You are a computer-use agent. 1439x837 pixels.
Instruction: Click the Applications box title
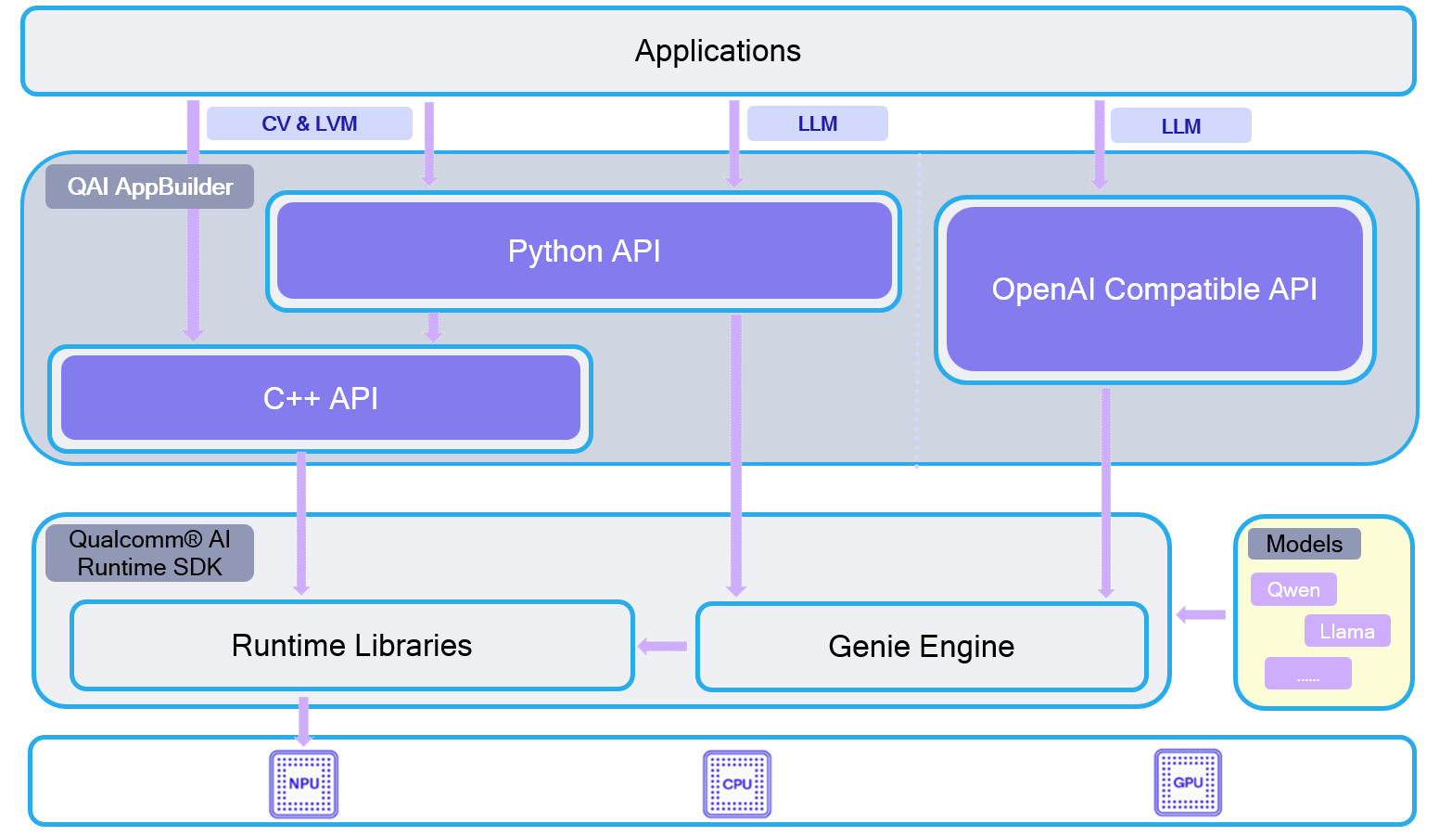718,51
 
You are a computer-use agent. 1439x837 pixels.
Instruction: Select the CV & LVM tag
309,123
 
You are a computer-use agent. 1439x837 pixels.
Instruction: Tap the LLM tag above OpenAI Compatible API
1180,126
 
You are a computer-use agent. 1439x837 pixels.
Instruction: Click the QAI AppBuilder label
150,187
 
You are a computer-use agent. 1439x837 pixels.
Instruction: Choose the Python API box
584,251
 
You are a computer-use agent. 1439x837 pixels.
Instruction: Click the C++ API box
321,399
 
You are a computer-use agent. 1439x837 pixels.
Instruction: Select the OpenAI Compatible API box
1154,290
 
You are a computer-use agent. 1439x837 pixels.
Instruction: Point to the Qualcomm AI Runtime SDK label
150,553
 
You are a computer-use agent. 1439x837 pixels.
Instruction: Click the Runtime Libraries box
352,646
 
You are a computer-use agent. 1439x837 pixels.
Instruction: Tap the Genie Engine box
922,647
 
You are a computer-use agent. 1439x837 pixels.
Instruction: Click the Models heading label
1304,544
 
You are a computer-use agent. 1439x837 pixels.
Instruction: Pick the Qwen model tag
1293,589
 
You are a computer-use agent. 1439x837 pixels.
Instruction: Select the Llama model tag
1347,631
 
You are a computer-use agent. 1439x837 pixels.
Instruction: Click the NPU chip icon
303,784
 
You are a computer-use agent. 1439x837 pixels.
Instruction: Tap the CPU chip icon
737,784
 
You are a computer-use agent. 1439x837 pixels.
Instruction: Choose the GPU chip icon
1188,783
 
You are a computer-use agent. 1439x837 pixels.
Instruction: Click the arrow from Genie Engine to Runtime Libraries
663,647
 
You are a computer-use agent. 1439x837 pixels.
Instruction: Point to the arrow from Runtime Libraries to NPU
303,720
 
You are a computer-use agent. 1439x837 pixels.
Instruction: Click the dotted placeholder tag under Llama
1308,674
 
